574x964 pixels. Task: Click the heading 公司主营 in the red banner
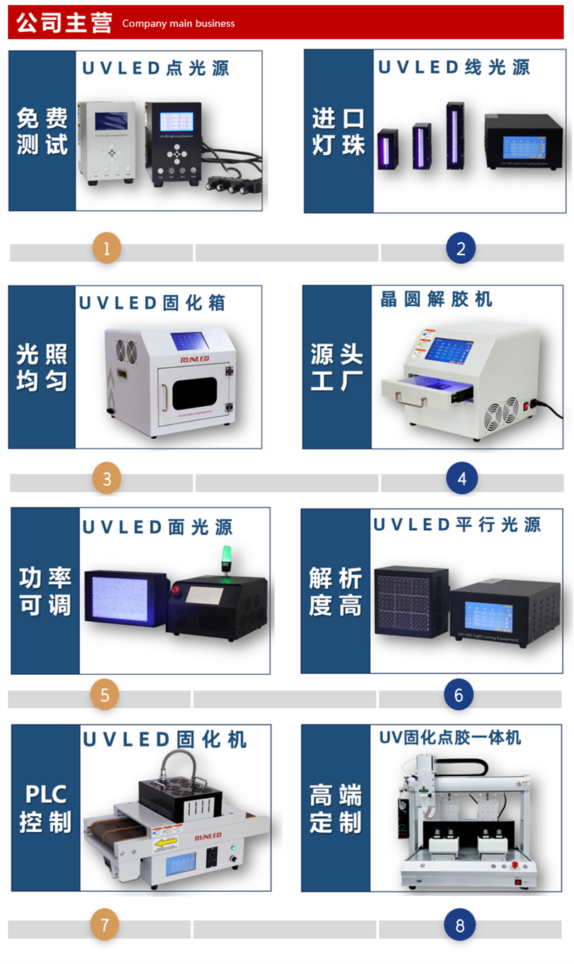coord(64,23)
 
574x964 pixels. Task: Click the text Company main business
coord(178,23)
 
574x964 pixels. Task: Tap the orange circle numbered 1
coord(107,249)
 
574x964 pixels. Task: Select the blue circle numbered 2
coord(461,249)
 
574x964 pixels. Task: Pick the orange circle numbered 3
coord(107,478)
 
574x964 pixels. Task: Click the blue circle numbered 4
coord(461,478)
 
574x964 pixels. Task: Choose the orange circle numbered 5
coord(105,695)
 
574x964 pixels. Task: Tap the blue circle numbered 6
coord(458,695)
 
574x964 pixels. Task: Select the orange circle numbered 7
coord(105,924)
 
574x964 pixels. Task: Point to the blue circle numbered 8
coord(460,925)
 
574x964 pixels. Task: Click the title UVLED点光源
coord(156,68)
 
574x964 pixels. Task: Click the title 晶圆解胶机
coord(436,299)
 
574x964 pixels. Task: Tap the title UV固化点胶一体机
coord(450,738)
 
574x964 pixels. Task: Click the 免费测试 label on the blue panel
coord(43,131)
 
